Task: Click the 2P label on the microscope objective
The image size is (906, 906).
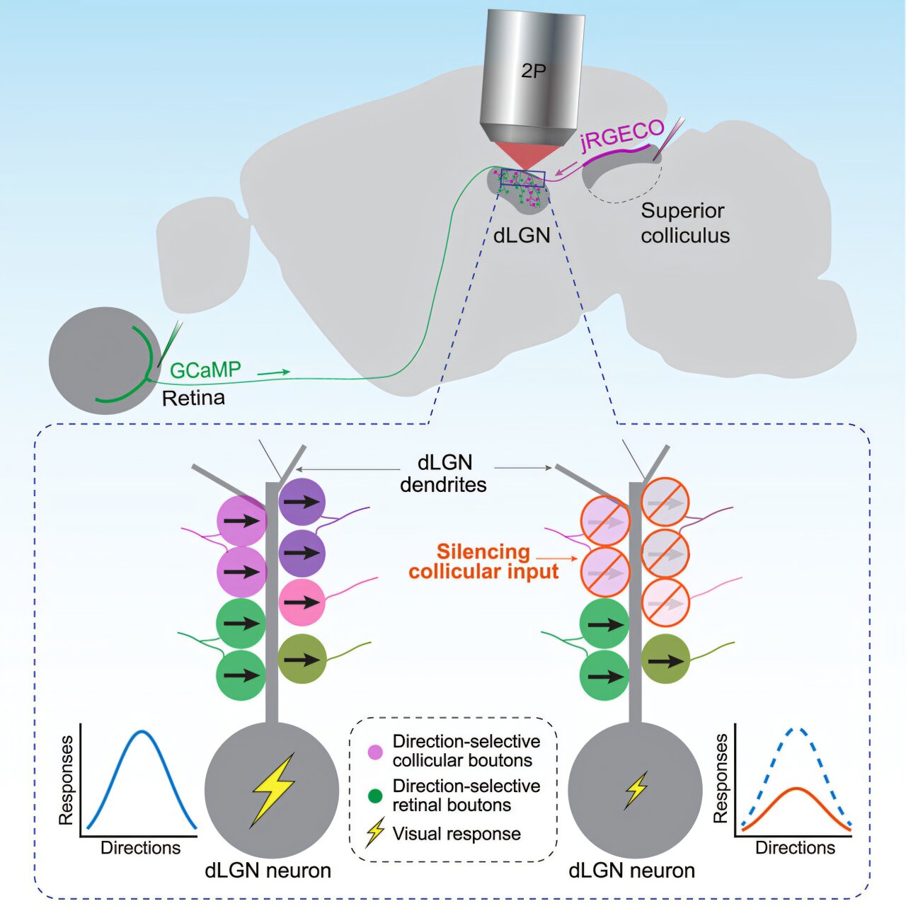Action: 533,71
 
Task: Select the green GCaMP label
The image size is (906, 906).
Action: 205,370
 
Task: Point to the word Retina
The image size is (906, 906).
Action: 194,398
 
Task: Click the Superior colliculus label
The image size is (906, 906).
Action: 684,223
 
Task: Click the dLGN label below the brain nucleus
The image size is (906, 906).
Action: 522,235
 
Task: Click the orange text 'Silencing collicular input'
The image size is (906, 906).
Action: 484,561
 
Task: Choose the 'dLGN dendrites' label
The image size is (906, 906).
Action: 443,474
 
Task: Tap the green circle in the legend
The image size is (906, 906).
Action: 376,796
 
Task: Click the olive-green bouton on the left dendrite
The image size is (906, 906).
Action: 302,659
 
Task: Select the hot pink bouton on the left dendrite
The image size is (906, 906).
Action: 302,602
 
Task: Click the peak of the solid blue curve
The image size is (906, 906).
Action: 142,731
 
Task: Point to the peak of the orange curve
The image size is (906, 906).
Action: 796,789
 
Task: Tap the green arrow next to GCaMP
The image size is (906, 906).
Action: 274,372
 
